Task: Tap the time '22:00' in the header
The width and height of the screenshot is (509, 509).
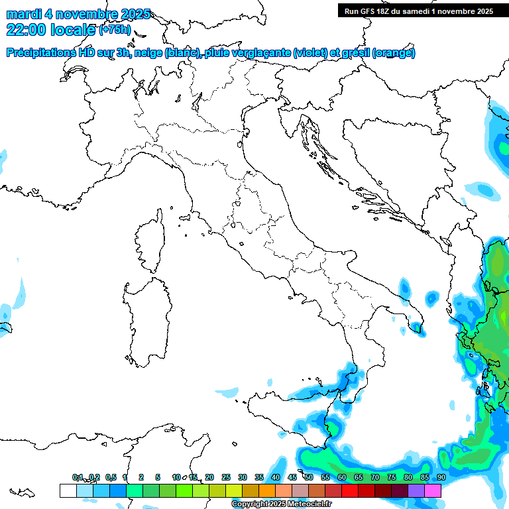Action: (27, 30)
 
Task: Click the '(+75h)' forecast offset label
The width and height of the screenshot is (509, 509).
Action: (115, 30)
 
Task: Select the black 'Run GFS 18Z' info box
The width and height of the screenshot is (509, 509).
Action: (420, 11)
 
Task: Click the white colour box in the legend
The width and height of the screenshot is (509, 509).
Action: (68, 490)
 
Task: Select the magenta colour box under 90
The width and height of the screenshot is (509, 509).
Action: (433, 490)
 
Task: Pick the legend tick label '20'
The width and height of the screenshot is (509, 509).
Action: (209, 477)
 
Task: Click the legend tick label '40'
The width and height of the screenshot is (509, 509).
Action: (276, 477)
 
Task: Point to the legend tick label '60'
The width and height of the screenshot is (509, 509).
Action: (342, 477)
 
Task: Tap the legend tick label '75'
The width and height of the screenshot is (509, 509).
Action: (392, 477)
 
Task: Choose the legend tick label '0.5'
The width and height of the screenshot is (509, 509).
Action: (111, 477)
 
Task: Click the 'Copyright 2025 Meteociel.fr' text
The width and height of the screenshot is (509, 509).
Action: (281, 504)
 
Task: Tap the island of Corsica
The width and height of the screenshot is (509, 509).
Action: (150, 239)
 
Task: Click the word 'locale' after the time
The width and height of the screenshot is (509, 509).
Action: (72, 30)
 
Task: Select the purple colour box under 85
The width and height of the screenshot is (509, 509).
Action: (416, 490)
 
